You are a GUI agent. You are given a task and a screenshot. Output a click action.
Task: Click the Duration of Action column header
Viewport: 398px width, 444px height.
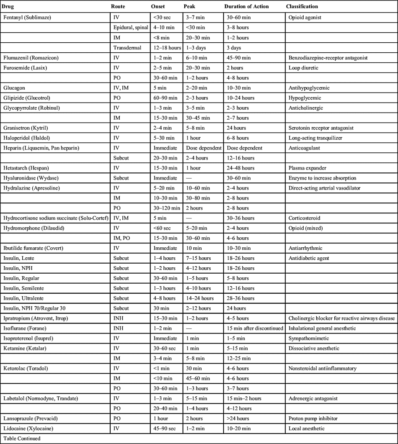coord(246,7)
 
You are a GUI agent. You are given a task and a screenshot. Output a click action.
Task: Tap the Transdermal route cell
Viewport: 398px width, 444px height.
coord(127,48)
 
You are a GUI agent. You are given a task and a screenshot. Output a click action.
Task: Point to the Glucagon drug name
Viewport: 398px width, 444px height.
coord(13,88)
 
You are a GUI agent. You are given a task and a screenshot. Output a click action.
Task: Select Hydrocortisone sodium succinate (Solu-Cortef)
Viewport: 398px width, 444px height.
coord(55,218)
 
